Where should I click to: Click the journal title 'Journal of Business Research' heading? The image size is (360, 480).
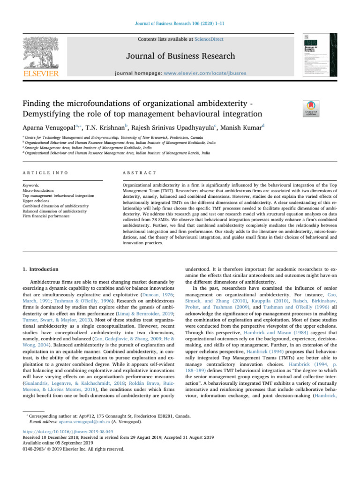180,56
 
